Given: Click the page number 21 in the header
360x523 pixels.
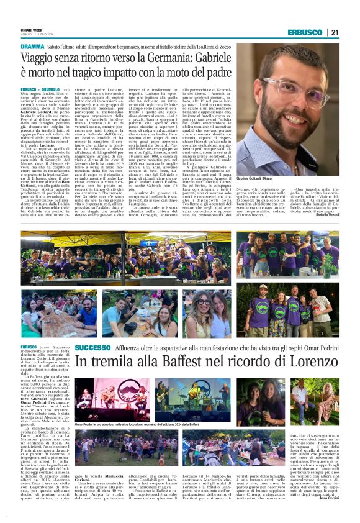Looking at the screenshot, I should [333, 32].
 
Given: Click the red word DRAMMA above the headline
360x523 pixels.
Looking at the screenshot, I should [32, 47].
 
